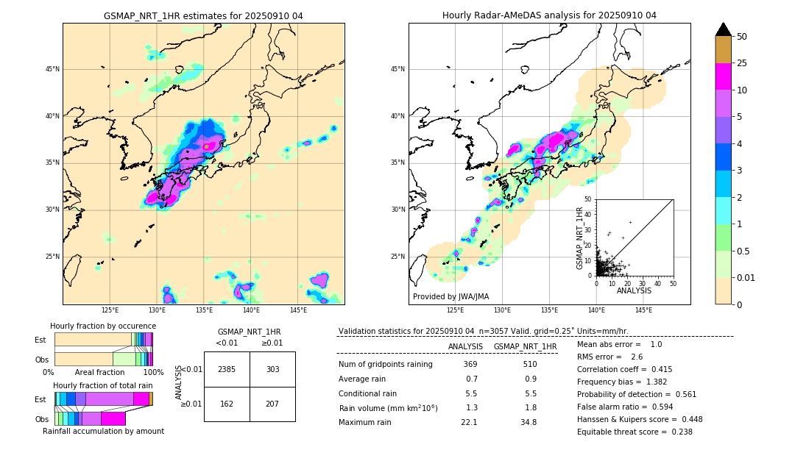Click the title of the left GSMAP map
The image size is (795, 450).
coord(203,15)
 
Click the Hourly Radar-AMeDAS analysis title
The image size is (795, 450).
coord(549,15)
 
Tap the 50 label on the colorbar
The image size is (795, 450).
coord(742,37)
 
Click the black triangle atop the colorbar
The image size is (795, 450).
coord(723,29)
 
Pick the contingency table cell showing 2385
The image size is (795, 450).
coord(227,369)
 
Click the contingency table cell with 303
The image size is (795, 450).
coord(272,369)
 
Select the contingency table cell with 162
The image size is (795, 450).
coord(227,404)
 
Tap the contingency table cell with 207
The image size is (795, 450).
coord(272,404)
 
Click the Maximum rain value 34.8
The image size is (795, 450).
coord(528,422)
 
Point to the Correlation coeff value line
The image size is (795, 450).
coord(624,369)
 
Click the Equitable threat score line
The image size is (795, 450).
coord(635,432)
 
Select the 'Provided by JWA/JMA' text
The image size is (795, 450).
coord(451,296)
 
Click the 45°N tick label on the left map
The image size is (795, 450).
coord(52,69)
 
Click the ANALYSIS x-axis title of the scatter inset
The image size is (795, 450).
coord(634,290)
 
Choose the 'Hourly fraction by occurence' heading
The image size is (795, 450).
coord(103,326)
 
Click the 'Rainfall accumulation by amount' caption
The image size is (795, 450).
coord(103,431)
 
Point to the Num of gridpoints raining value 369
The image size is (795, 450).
coord(470,364)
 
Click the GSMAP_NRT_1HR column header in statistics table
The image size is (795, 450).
coord(525,346)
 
